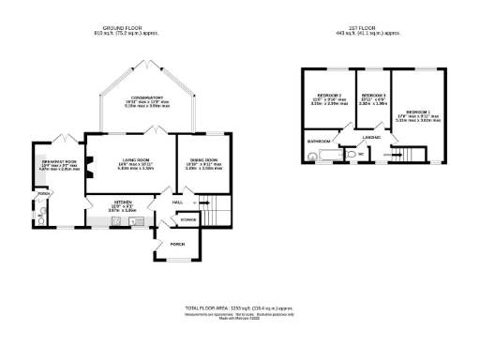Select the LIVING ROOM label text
[x=131, y=160]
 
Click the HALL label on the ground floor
[x=176, y=202]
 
